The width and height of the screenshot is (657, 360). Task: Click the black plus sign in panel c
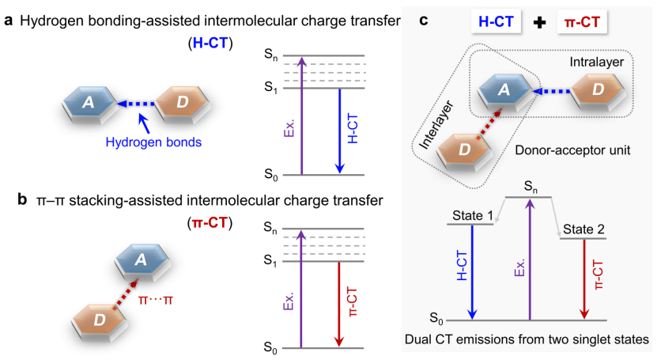(x=538, y=23)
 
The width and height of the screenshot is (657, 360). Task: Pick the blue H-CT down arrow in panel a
(x=340, y=131)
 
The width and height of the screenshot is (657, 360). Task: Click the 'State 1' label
(x=472, y=215)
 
